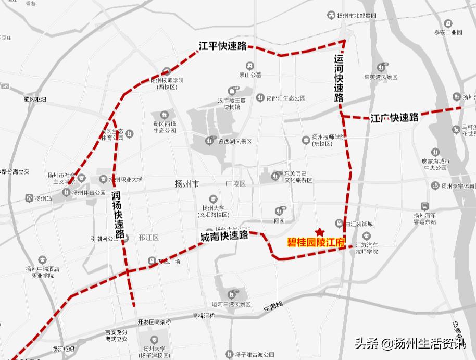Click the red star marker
click(x=320, y=232)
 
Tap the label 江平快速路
click(x=222, y=46)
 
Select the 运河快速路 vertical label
click(x=339, y=79)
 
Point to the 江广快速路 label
click(x=394, y=117)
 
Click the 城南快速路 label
click(x=224, y=236)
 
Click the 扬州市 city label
click(x=187, y=184)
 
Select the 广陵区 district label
click(x=235, y=184)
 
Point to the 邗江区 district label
click(x=148, y=238)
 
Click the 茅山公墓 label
click(x=250, y=75)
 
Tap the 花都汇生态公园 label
click(x=285, y=98)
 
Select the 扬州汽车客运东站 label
click(x=424, y=218)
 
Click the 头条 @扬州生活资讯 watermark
click(x=410, y=344)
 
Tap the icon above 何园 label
click(x=280, y=210)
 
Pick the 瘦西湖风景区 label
click(x=234, y=142)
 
